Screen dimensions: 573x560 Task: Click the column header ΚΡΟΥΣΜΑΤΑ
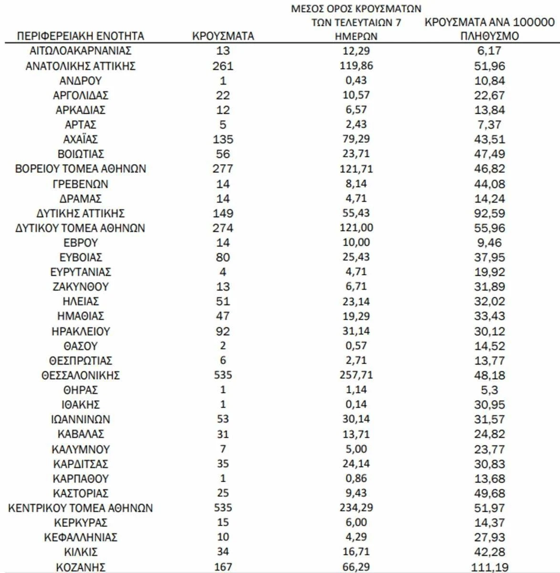[223, 36]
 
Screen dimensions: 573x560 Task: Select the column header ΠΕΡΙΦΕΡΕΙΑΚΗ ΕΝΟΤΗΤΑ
[80, 36]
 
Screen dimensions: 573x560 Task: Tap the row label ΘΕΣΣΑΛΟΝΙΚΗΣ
[80, 375]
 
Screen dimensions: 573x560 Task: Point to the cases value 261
[223, 66]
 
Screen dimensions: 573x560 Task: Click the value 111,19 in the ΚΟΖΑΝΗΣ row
[489, 567]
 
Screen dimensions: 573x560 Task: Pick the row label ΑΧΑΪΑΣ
[80, 139]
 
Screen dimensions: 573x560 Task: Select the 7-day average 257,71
[356, 375]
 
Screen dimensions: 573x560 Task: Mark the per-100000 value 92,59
[489, 213]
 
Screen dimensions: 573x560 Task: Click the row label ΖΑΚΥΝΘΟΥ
[80, 286]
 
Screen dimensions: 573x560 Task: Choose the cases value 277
[223, 169]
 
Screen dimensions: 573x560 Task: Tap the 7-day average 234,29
[356, 508]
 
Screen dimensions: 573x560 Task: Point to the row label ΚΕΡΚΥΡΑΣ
[80, 522]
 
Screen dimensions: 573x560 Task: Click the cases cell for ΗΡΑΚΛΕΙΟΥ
[223, 331]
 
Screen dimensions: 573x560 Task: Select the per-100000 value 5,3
[489, 390]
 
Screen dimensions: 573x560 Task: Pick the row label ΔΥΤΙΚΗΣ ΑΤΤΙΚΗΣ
[80, 213]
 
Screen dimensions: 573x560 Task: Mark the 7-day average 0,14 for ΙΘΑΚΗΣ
[356, 404]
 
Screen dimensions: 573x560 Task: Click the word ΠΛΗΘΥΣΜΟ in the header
[489, 36]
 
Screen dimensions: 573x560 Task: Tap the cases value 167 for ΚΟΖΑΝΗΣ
[223, 567]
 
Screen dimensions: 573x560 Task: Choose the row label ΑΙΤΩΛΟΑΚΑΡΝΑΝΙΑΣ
[80, 51]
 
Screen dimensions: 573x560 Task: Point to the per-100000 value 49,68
[489, 493]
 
